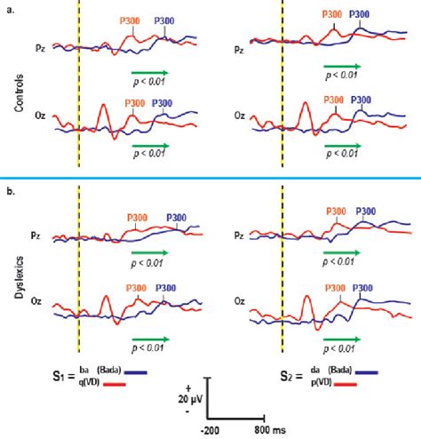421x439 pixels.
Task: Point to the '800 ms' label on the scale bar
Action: (x=268, y=430)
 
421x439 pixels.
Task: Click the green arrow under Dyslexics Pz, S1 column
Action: (x=149, y=253)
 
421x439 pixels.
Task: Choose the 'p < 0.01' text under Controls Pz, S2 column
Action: (x=343, y=79)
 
